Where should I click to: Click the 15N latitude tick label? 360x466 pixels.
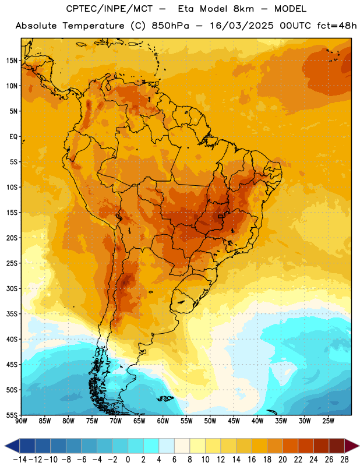click(x=12, y=61)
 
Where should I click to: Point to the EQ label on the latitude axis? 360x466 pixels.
click(x=13, y=137)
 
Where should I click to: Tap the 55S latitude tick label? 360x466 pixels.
click(x=12, y=415)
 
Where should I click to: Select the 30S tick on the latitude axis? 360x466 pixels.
click(x=12, y=288)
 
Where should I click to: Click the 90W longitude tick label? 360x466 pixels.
click(x=22, y=421)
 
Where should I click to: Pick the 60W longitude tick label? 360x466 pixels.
click(x=163, y=421)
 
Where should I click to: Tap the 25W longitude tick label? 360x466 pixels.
click(x=328, y=421)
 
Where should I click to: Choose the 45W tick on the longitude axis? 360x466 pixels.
click(x=234, y=421)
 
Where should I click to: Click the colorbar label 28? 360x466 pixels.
click(x=344, y=460)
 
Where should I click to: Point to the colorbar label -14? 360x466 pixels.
click(x=20, y=460)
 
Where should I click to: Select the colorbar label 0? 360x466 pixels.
click(x=128, y=460)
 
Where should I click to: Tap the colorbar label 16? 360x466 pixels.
click(x=252, y=460)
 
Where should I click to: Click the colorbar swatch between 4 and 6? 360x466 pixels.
click(x=167, y=446)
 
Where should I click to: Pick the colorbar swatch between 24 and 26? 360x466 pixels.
click(x=322, y=446)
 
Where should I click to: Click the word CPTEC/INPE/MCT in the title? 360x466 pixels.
click(x=110, y=9)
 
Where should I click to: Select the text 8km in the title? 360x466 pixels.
click(x=243, y=9)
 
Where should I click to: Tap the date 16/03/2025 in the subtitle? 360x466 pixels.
click(x=241, y=26)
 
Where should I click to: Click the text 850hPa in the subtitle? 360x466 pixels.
click(x=170, y=26)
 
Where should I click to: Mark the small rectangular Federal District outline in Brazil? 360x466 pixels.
click(x=221, y=216)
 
